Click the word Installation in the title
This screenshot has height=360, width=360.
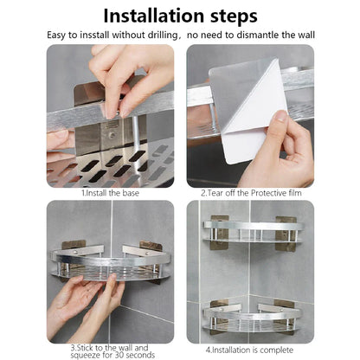147,16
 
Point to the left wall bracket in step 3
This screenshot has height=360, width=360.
76,246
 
